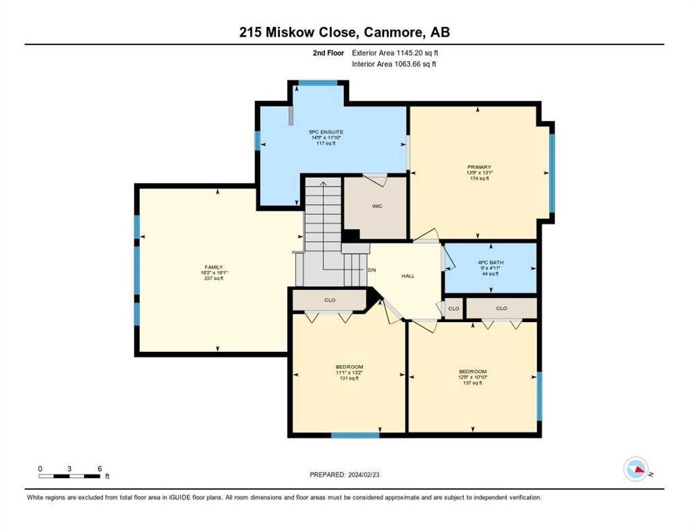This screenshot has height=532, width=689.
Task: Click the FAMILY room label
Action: [x=213, y=267]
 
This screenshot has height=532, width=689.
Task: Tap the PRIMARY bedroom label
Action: [x=479, y=167]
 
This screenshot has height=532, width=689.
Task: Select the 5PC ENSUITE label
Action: [x=326, y=132]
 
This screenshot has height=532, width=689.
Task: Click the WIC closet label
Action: [x=377, y=206]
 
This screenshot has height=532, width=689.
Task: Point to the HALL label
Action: [x=408, y=276]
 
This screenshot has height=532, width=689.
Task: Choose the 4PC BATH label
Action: [x=491, y=263]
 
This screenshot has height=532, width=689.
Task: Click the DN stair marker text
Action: [x=372, y=270]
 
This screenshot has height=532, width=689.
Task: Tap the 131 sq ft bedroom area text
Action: [x=349, y=378]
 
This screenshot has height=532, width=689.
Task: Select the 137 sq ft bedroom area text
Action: [x=473, y=382]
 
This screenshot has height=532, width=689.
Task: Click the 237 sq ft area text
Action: [x=213, y=278]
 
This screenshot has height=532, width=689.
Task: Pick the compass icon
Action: [x=636, y=470]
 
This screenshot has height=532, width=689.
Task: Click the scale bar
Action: [x=69, y=476]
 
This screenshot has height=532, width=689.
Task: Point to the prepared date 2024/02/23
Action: [x=344, y=475]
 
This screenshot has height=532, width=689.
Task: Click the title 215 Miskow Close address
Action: [x=344, y=33]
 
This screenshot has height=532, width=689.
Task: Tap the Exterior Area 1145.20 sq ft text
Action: [x=395, y=53]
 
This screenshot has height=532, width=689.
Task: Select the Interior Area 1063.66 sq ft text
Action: [x=394, y=64]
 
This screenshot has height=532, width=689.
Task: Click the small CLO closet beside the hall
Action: [x=453, y=308]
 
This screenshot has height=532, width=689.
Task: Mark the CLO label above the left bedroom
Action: [x=329, y=301]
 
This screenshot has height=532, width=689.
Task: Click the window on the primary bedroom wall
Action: [x=552, y=172]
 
